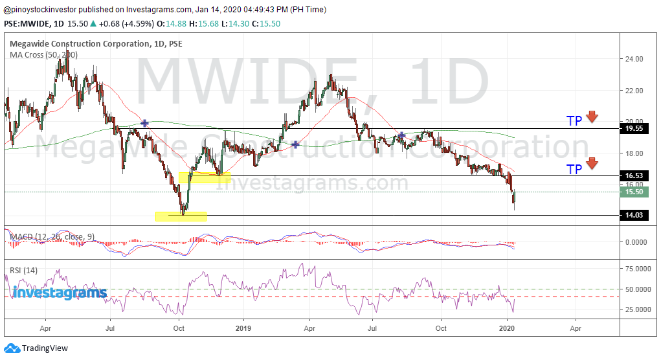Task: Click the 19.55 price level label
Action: click(x=634, y=129)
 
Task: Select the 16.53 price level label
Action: click(x=634, y=176)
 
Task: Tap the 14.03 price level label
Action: click(x=634, y=216)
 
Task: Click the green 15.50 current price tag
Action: click(x=634, y=192)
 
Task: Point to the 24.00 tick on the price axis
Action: click(x=634, y=59)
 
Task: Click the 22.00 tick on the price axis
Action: click(x=634, y=91)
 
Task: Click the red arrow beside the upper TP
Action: click(x=592, y=117)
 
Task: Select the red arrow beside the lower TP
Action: click(x=592, y=164)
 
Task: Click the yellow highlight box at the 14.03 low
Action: click(x=181, y=216)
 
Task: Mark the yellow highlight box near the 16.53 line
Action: click(x=204, y=177)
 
